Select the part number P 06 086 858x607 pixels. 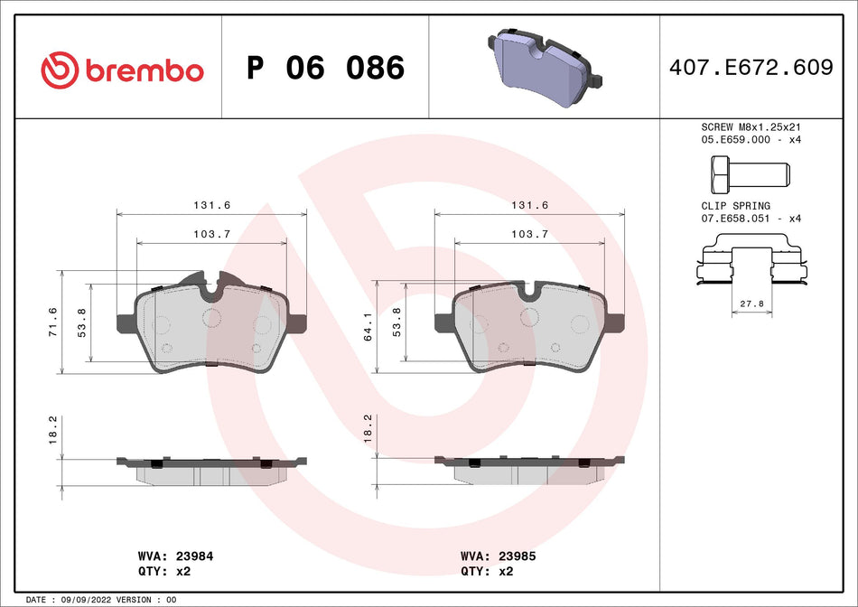325,69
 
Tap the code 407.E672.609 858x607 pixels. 751,68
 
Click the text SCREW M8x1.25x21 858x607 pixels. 751,127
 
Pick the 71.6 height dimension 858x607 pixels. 52,322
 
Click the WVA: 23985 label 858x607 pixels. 498,556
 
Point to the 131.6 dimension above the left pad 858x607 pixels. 207,206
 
